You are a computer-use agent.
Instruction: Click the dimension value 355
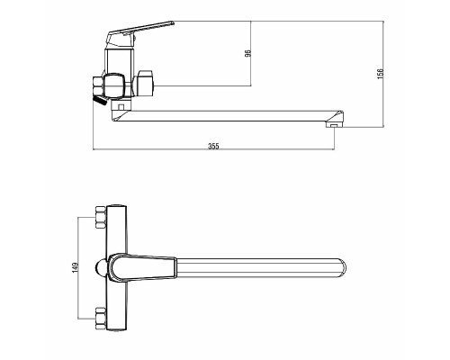pos(213,146)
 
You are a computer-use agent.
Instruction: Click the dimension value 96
pos(247,54)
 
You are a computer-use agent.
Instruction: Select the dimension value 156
pos(381,74)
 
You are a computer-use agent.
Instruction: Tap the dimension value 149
pos(75,268)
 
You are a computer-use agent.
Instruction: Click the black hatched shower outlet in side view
pos(100,100)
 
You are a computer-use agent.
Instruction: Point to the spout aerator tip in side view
pos(333,125)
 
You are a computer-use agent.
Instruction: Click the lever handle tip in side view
pos(172,22)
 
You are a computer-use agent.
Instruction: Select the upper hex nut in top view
pos(100,217)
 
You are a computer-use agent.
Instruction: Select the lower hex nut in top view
pos(100,319)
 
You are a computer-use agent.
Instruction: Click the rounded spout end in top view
pos(342,268)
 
